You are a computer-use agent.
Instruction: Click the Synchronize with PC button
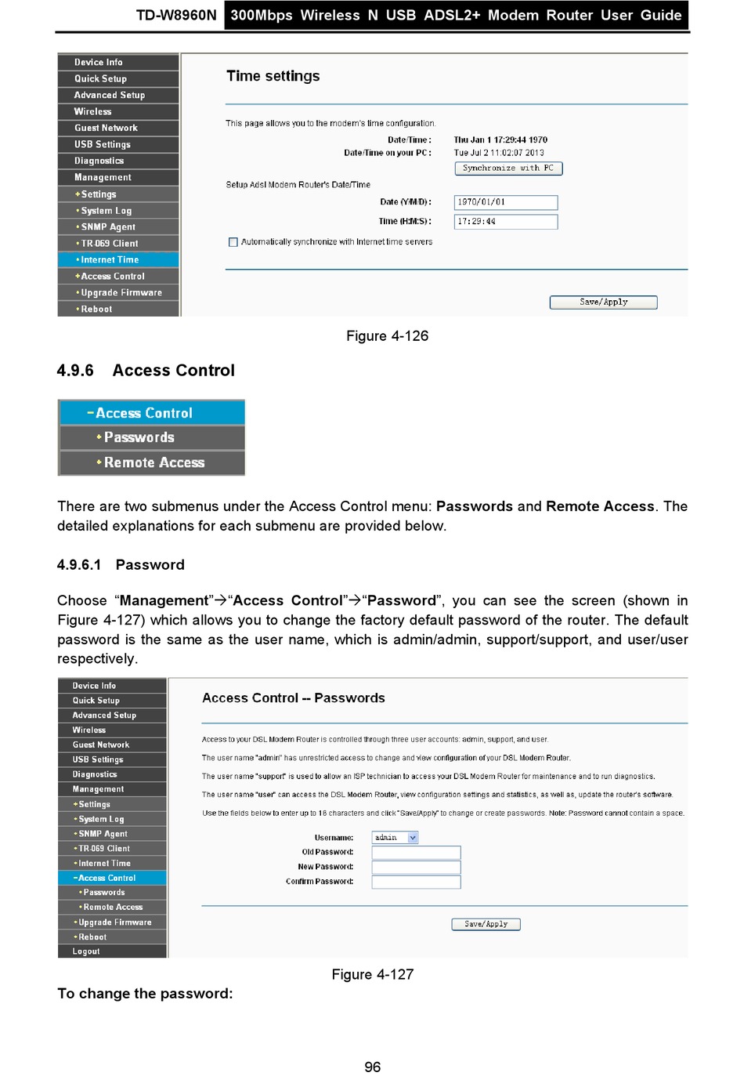point(508,168)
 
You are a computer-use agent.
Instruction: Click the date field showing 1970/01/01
point(506,202)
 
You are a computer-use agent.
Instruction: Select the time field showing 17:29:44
point(506,222)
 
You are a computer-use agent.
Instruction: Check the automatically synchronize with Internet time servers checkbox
point(233,242)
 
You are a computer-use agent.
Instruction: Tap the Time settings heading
point(273,76)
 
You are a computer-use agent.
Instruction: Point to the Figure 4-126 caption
point(387,336)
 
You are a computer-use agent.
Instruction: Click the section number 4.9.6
point(75,371)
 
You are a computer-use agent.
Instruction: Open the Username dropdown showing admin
point(395,838)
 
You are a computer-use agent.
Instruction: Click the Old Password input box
point(416,853)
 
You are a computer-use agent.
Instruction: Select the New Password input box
point(416,868)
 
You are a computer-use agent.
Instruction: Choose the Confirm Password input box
point(416,882)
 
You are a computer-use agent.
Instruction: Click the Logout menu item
point(86,951)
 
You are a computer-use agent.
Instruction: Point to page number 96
point(373,1067)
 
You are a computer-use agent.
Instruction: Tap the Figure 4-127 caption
point(372,975)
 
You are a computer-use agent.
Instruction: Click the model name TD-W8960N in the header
point(176,15)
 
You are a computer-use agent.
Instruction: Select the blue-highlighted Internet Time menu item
point(110,260)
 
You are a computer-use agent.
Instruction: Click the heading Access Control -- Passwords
point(293,698)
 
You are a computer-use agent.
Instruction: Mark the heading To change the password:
point(145,994)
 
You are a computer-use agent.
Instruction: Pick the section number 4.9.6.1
point(79,565)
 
